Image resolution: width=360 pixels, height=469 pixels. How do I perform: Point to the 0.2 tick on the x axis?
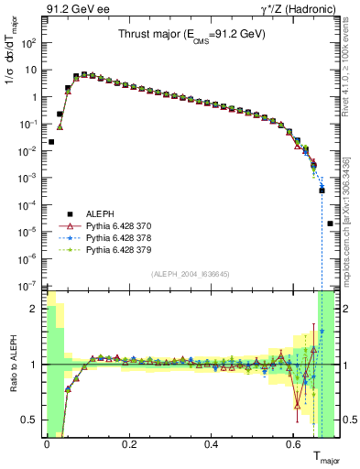click(x=129, y=445)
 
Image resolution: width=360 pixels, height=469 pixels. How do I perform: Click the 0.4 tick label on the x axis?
click(x=212, y=445)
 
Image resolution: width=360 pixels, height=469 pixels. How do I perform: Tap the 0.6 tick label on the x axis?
click(x=294, y=445)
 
